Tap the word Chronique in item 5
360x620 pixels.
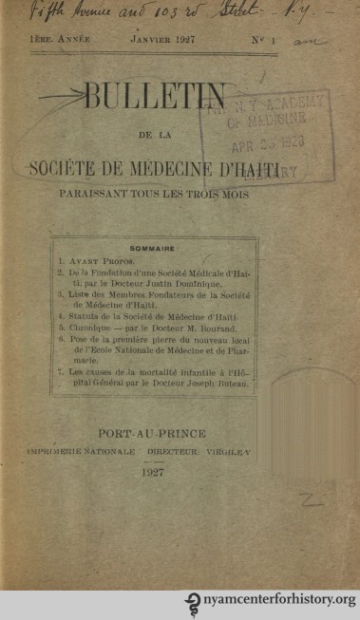[92, 324]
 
